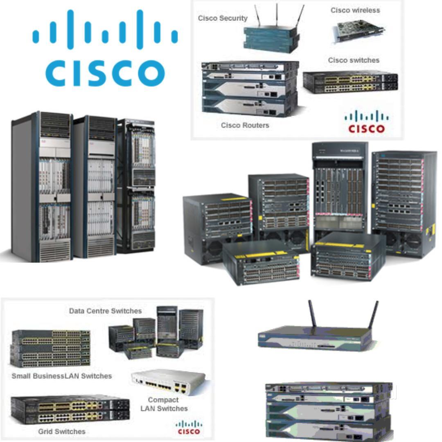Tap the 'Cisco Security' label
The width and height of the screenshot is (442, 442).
coord(223,18)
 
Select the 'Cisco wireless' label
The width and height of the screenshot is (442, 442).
coord(355,10)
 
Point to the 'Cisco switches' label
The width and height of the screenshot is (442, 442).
coord(354,60)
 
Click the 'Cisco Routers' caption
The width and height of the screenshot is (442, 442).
coord(245,125)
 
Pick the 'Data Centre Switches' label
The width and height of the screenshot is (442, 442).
coord(105,311)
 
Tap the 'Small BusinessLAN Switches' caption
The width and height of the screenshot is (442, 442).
coord(61,376)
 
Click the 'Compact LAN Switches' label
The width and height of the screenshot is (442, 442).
coord(163,404)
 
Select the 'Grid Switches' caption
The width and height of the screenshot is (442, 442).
coord(62,431)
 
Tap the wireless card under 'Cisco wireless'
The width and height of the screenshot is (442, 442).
coord(359,31)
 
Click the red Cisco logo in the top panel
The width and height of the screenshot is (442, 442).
coord(366,123)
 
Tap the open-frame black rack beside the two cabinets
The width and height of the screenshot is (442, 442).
coord(136,186)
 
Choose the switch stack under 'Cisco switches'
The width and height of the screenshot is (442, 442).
coord(350,82)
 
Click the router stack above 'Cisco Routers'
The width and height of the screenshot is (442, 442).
coord(250,88)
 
